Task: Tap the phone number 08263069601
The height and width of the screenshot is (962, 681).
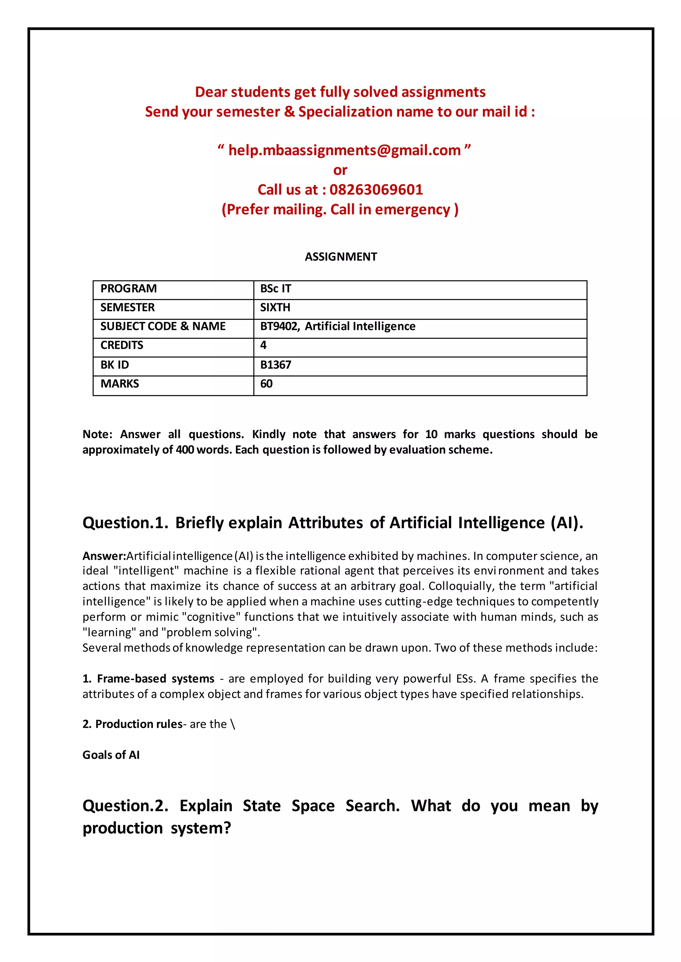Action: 376,189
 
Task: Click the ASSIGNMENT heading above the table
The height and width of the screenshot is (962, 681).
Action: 340,256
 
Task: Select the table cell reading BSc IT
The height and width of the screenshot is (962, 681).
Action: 276,289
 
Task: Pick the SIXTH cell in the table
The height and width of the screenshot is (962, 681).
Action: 275,308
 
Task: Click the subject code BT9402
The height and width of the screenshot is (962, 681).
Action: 279,327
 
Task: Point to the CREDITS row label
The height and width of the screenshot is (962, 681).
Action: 122,345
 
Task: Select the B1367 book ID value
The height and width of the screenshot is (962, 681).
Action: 276,365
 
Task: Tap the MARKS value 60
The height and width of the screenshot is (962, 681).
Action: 266,384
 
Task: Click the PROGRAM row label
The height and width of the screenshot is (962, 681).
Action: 128,289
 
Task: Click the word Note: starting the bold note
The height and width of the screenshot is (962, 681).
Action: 97,434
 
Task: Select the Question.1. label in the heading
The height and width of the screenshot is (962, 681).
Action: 125,523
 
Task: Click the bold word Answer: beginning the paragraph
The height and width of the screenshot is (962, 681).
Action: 104,556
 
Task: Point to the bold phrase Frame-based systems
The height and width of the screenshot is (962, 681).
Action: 156,678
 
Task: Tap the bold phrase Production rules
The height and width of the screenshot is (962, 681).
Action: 139,724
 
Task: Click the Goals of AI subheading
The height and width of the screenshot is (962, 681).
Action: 111,755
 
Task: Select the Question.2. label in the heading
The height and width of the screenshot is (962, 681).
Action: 125,806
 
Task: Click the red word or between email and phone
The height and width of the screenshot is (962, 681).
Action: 340,170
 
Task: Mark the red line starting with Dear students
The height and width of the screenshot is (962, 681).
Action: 340,92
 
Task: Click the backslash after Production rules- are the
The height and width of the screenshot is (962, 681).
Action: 233,724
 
